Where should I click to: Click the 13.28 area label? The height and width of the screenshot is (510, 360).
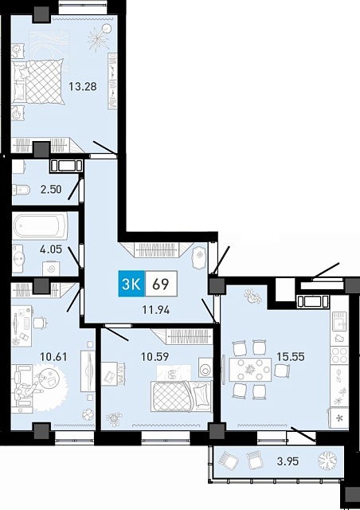coord(83,87)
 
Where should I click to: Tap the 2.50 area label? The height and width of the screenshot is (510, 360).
coord(51,189)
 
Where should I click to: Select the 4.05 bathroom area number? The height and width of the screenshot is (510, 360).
coord(50,249)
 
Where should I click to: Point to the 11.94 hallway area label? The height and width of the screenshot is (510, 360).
coord(156,310)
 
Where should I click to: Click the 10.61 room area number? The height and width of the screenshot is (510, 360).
coord(53,356)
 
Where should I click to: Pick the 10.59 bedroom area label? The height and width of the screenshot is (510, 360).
coord(155,356)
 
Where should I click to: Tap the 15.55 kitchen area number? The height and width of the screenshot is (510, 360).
coord(291,356)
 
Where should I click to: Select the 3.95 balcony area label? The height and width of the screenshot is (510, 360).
coord(288,461)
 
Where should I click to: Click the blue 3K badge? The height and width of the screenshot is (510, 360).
coord(131,284)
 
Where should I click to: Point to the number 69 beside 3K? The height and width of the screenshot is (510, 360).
coord(161,284)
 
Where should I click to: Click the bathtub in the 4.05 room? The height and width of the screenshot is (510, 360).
coord(41,226)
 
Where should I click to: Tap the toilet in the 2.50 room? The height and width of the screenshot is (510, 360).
coord(22,190)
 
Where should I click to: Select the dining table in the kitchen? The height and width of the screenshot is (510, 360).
coord(250,369)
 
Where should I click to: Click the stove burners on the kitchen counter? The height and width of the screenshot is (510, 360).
coord(339,355)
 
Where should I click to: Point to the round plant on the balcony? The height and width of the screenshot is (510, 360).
coord(328,461)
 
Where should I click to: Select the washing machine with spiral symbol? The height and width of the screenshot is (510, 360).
coord(51,269)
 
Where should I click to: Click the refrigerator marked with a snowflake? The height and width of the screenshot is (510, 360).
coord(338,418)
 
